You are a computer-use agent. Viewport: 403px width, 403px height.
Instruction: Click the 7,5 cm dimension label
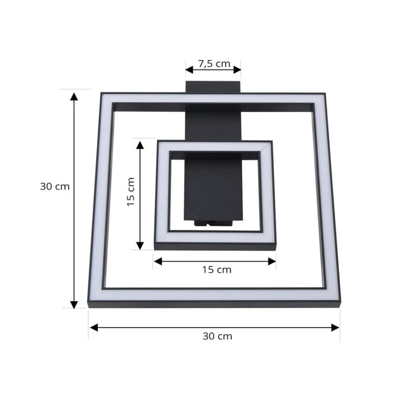click(x=214, y=64)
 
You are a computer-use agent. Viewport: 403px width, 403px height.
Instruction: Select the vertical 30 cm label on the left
click(x=55, y=186)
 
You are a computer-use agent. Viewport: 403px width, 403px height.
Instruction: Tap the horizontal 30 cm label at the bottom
click(x=217, y=336)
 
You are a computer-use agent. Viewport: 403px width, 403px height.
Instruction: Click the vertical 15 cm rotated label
click(x=130, y=192)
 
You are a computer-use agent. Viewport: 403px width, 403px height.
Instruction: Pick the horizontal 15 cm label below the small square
click(x=216, y=270)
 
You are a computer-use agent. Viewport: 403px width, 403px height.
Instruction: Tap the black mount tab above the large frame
click(x=213, y=87)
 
